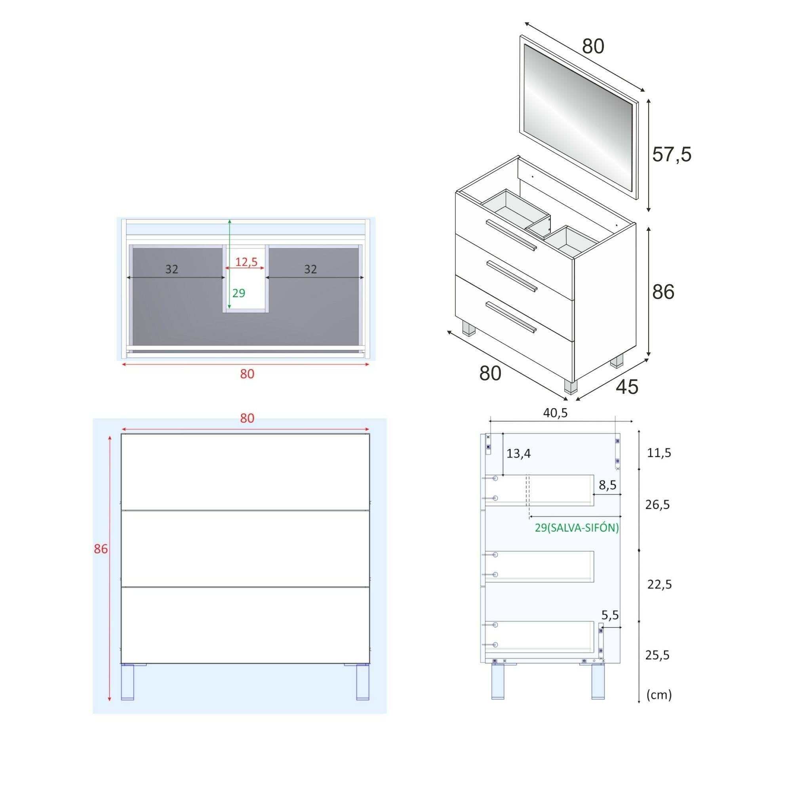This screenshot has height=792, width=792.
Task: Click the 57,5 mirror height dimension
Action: pyautogui.click(x=671, y=154)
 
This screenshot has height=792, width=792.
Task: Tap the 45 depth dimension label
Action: pyautogui.click(x=627, y=386)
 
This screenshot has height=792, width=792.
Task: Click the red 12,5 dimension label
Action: pyautogui.click(x=246, y=262)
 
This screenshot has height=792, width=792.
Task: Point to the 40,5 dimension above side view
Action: pyautogui.click(x=555, y=413)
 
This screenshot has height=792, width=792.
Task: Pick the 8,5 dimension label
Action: pyautogui.click(x=607, y=485)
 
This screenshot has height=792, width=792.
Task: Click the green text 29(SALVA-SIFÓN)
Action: pyautogui.click(x=576, y=528)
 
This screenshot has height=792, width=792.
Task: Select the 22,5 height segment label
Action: pyautogui.click(x=659, y=584)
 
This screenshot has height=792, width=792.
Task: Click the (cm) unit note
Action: pyautogui.click(x=659, y=695)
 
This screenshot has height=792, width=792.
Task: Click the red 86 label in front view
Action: pyautogui.click(x=101, y=549)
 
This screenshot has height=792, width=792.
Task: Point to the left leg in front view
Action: pyautogui.click(x=128, y=682)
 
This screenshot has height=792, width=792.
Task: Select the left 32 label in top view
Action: pyautogui.click(x=171, y=269)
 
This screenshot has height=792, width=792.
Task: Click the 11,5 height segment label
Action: pyautogui.click(x=659, y=453)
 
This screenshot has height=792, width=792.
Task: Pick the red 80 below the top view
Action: pyautogui.click(x=247, y=374)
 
